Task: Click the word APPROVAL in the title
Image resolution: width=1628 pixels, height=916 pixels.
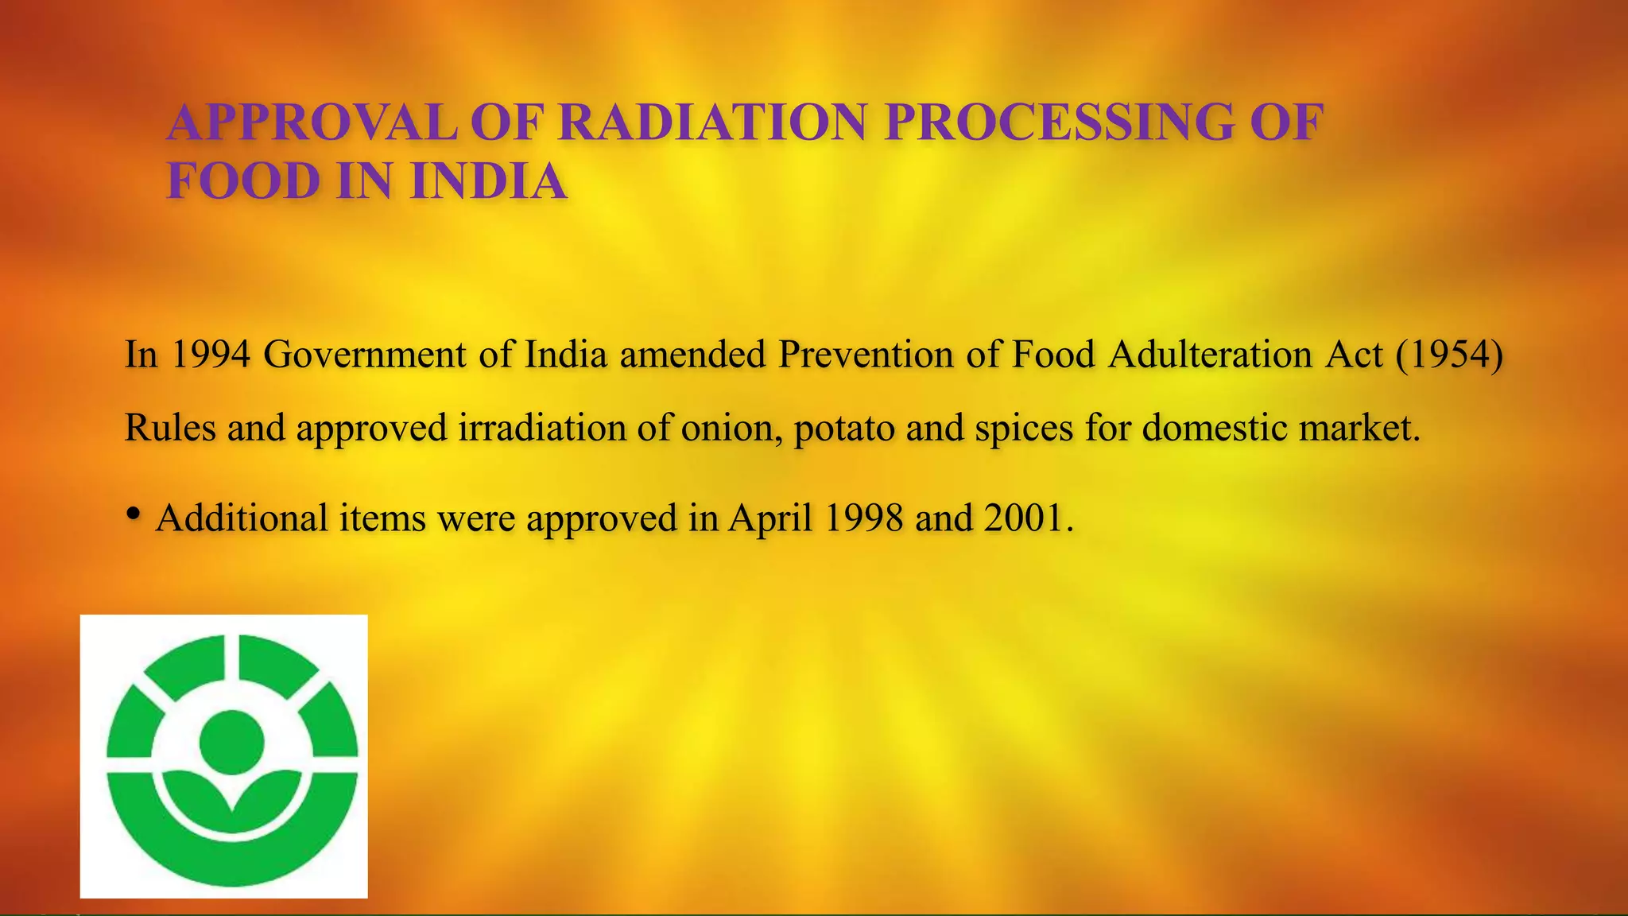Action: point(312,122)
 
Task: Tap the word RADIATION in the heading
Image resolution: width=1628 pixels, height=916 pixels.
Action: point(712,122)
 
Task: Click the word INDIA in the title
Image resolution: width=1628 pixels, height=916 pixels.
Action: point(488,181)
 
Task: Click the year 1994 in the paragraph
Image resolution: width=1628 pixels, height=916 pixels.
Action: point(211,354)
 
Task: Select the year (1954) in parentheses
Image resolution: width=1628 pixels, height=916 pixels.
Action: point(1449,354)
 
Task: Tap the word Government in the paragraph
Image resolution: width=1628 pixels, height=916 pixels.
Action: point(364,354)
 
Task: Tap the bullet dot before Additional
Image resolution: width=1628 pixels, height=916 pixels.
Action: point(134,514)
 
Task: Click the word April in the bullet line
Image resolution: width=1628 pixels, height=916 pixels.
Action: point(770,518)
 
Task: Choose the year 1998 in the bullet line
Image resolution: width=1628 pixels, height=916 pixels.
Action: point(864,518)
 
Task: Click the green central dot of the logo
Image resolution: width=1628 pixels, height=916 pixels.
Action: point(231,742)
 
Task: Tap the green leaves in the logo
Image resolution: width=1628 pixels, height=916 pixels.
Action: point(231,791)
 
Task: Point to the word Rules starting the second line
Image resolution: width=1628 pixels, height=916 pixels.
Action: point(170,429)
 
